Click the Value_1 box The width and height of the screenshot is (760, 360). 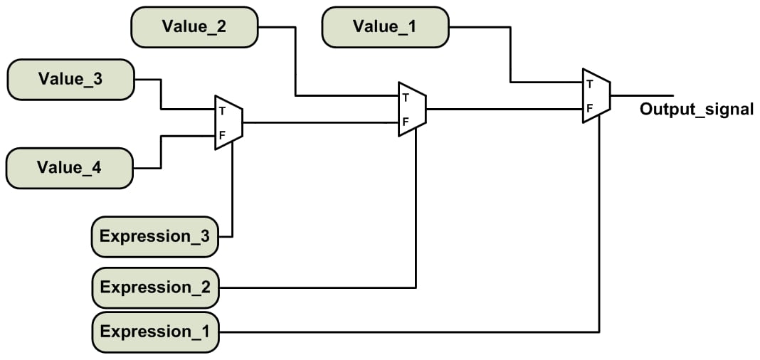tap(386, 27)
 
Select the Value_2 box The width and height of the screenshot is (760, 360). tap(194, 27)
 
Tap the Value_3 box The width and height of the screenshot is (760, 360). tap(70, 79)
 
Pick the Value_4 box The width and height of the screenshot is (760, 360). tap(69, 168)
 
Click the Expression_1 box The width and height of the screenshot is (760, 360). tap(155, 332)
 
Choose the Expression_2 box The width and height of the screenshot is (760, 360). tap(155, 287)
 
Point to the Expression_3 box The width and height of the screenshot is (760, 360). tap(155, 236)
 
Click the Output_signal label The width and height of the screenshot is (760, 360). tap(696, 110)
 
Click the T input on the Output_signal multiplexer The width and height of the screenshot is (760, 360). tap(589, 83)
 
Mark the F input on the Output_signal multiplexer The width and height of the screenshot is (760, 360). tap(589, 109)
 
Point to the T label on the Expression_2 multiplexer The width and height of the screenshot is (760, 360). tap(405, 97)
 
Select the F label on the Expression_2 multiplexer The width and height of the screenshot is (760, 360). tap(405, 122)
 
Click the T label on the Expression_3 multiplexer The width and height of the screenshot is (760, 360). tap(222, 110)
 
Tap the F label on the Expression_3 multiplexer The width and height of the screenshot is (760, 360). tap(222, 135)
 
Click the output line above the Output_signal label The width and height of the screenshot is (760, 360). tap(640, 95)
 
